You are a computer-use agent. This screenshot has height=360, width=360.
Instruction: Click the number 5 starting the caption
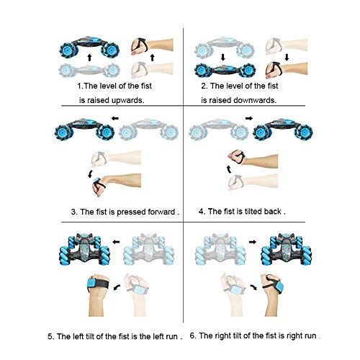click(50, 336)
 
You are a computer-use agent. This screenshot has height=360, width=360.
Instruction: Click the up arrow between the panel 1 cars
click(89, 58)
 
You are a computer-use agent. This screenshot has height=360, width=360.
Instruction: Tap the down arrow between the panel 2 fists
click(287, 58)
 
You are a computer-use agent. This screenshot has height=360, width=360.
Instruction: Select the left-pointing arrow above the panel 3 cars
click(115, 118)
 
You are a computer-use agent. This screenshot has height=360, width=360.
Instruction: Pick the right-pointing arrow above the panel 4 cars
click(249, 118)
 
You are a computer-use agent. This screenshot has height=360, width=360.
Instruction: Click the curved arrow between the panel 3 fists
click(90, 174)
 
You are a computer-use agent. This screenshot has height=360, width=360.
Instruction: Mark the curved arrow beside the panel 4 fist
click(229, 169)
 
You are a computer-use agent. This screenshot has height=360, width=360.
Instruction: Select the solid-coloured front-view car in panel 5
click(84, 249)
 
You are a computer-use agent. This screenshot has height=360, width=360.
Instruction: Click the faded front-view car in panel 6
click(220, 249)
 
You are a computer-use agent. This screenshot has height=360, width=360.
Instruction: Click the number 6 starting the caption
click(192, 336)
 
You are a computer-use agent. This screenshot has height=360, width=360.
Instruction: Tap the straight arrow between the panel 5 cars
click(116, 242)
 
